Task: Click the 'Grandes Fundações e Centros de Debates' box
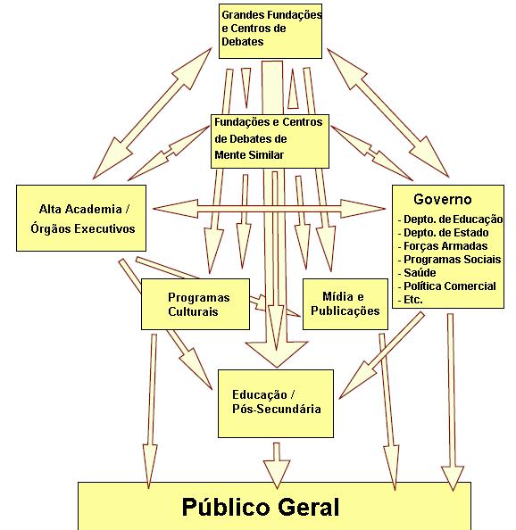tap(270, 31)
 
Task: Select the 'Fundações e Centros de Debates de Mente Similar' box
tap(270, 141)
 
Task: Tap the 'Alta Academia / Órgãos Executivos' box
tap(81, 218)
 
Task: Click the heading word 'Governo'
tap(442, 199)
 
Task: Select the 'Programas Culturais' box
tap(196, 304)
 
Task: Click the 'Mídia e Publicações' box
tap(345, 304)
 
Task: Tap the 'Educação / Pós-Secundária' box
tap(276, 403)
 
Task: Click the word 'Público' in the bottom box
tap(226, 507)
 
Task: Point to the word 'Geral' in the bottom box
tap(309, 506)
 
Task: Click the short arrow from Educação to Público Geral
tap(277, 466)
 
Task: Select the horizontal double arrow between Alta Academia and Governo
tap(269, 209)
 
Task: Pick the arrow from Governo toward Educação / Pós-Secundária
tap(381, 355)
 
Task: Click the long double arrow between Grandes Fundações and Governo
tap(388, 113)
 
